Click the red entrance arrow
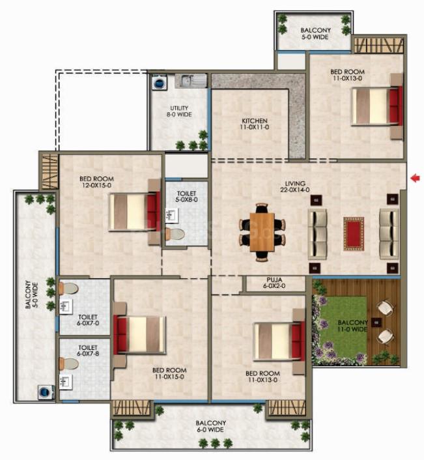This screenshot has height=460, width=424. tap(415, 178)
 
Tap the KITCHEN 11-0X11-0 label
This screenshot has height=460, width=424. tap(255, 124)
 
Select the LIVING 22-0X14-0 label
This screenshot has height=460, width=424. tap(294, 186)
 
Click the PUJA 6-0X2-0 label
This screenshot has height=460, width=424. tap(274, 283)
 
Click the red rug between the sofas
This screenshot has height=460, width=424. tap(354, 234)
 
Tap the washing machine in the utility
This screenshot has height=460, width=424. tap(159, 81)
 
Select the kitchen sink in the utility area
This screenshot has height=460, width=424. tap(191, 81)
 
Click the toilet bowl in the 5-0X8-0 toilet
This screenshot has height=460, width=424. tap(175, 234)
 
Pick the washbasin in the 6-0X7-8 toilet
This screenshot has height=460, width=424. tap(66, 382)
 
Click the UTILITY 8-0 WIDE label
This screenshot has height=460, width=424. tap(179, 111)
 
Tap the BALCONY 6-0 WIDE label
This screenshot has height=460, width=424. tap(211, 426)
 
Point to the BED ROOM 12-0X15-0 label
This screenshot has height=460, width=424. tap(97, 182)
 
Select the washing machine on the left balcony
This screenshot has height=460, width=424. tap(46, 392)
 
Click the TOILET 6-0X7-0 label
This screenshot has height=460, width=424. tap(88, 320)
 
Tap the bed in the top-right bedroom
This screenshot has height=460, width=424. tap(377, 106)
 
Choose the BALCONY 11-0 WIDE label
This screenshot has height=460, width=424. tap(352, 326)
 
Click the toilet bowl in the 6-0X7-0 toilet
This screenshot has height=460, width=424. tap(68, 289)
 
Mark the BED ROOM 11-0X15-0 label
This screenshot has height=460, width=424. tap(169, 373)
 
